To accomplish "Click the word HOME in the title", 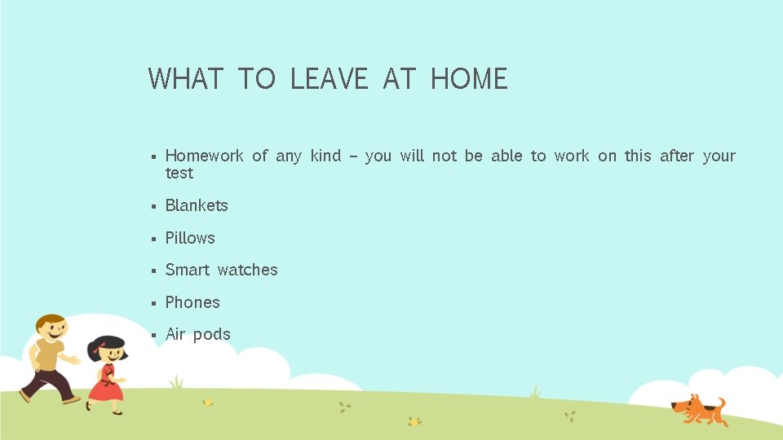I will coord(469,79).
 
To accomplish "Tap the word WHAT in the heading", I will coord(186,79).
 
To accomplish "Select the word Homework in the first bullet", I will coord(204,156).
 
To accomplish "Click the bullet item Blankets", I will coord(197,205).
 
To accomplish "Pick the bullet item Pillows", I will coord(190,238).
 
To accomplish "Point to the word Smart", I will coord(187,270).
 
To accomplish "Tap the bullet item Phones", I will coord(192,302).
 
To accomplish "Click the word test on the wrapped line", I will coord(179,174).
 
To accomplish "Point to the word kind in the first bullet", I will coord(325,156).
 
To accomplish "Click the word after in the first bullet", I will coord(677,156).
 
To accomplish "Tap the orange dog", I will coord(697,409).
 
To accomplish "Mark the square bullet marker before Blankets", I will coord(153,206).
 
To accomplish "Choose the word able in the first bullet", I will coord(507,156).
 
